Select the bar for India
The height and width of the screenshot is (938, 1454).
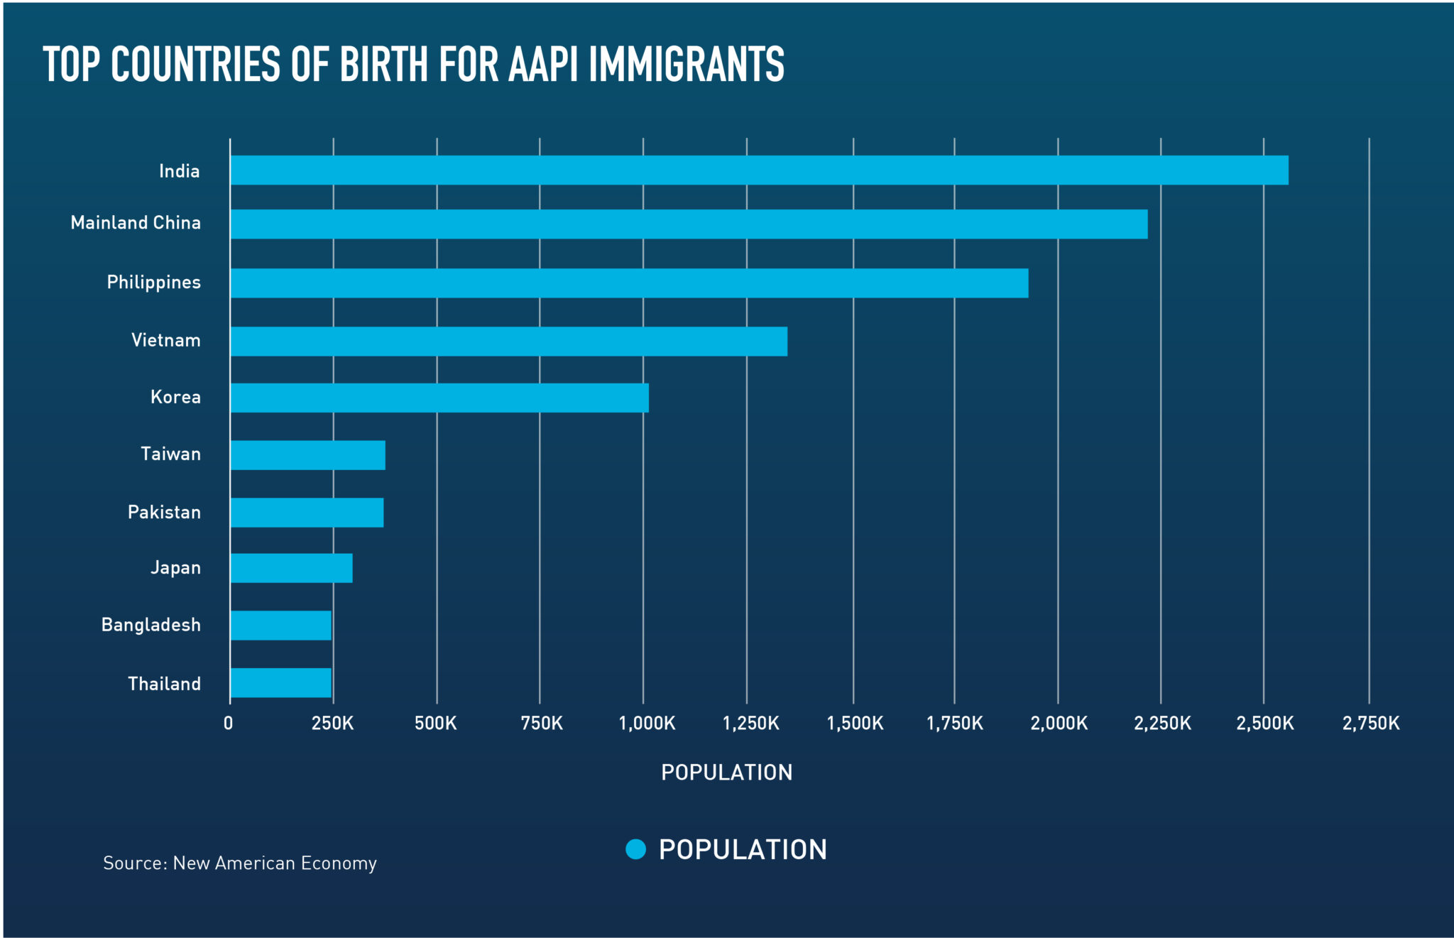[x=758, y=170]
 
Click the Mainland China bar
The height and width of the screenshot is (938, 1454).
[x=689, y=224]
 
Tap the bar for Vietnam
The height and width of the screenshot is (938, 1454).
[x=508, y=341]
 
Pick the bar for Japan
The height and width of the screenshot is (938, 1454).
[x=291, y=568]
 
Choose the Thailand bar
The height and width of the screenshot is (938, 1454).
[x=280, y=682]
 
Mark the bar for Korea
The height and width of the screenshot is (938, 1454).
[x=439, y=398]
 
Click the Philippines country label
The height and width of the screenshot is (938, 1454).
[x=153, y=283]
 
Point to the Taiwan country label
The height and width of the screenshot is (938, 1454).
[x=170, y=454]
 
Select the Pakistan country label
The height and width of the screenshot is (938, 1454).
[x=164, y=512]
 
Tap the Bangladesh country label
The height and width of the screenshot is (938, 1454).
[x=151, y=625]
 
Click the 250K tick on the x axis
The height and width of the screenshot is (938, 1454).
[x=332, y=724]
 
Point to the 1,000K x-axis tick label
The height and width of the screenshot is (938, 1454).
[x=647, y=724]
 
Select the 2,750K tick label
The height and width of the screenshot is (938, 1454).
[x=1370, y=724]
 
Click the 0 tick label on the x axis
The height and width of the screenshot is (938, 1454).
[x=229, y=724]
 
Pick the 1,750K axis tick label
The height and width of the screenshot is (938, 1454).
[x=955, y=724]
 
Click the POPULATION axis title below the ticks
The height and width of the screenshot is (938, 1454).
[x=726, y=773]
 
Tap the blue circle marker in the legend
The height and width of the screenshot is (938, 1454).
[x=635, y=849]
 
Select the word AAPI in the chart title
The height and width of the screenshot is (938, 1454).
[x=545, y=64]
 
